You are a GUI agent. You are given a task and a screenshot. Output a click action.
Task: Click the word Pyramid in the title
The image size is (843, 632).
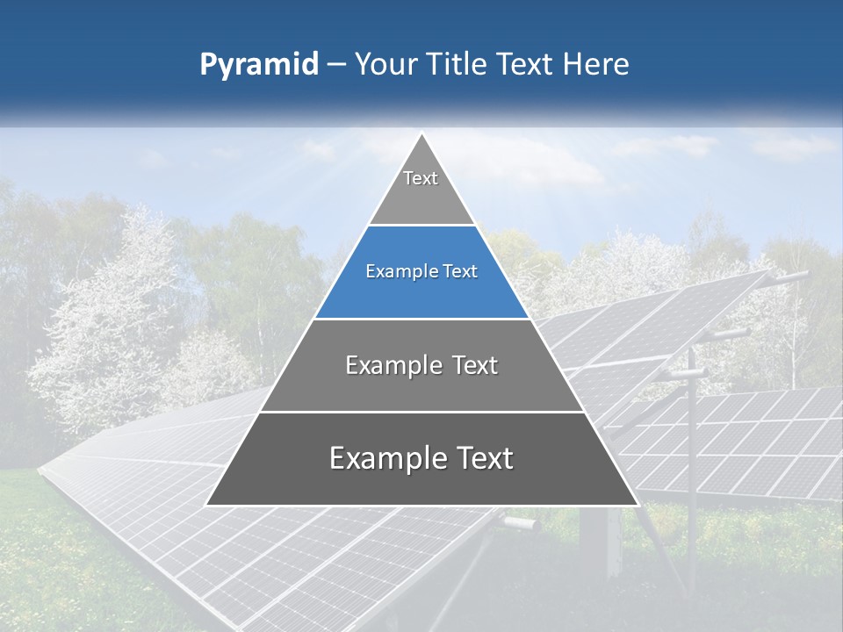[x=258, y=65]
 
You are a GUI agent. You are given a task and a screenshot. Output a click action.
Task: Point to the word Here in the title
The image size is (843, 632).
[x=597, y=65]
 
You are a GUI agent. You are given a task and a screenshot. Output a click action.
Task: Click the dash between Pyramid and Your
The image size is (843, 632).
[x=335, y=65]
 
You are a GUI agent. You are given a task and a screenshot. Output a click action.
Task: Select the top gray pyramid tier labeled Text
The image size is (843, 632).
[x=421, y=189]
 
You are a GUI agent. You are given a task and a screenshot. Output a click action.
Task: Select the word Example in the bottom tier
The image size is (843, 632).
[x=384, y=459]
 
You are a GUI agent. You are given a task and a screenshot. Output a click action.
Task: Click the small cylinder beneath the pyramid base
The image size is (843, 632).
[x=520, y=523]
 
